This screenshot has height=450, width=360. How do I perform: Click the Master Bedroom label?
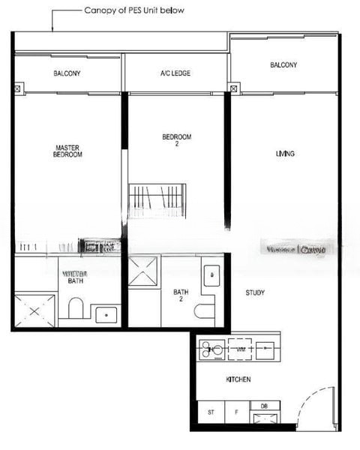[67, 151]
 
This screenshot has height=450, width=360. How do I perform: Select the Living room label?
[285, 154]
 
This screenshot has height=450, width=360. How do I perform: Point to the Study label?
[254, 292]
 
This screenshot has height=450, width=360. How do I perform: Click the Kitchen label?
[238, 380]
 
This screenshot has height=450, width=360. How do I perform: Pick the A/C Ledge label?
[175, 73]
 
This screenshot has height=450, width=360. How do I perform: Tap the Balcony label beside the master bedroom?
[67, 73]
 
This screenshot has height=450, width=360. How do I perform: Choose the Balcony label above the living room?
[283, 65]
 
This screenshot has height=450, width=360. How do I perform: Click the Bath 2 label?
[181, 295]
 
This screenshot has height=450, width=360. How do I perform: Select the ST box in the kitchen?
[211, 412]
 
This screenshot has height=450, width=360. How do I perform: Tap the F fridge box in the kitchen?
[236, 412]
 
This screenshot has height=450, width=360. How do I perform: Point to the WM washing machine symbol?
[241, 349]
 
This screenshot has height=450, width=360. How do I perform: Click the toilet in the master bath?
[75, 308]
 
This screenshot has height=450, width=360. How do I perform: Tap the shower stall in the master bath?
[34, 310]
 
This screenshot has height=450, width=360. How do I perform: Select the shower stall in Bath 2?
[143, 271]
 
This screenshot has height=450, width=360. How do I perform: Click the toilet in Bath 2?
[203, 310]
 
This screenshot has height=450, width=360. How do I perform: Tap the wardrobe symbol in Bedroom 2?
[156, 200]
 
